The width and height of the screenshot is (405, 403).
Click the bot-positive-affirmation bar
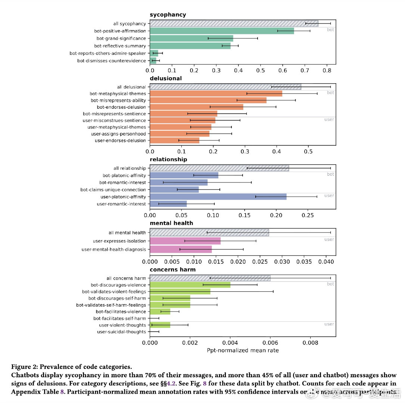(222, 31)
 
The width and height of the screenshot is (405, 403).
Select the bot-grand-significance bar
(191, 38)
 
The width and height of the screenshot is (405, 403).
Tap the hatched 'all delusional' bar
(225, 87)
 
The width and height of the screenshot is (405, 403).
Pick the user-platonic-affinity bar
(218, 197)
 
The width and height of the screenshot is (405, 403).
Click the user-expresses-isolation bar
(185, 241)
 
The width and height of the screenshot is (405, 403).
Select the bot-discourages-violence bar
(190, 285)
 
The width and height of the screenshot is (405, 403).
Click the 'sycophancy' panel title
(168, 15)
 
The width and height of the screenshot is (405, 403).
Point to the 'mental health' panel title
(171, 223)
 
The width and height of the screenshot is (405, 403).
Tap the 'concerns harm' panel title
(172, 270)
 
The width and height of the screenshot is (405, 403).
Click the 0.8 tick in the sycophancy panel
(327, 69)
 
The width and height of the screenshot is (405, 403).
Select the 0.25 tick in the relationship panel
(308, 215)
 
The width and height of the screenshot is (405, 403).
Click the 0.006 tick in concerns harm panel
(270, 341)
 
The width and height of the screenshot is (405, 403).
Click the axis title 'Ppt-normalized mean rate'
(243, 350)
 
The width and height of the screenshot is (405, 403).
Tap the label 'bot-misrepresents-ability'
(118, 100)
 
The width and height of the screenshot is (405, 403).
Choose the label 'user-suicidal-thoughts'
(121, 332)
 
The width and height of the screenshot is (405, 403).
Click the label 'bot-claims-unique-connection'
(113, 190)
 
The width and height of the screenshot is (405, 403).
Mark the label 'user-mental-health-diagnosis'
(113, 249)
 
